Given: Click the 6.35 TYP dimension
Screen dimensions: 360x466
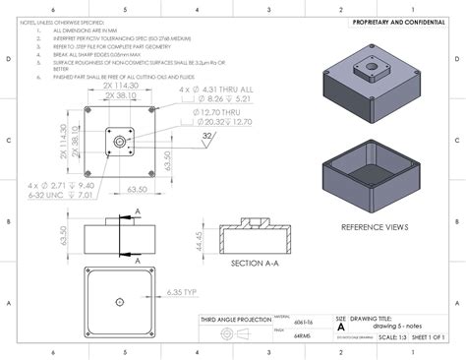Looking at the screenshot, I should coord(184,292).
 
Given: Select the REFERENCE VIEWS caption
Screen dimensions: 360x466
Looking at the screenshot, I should coord(374,226).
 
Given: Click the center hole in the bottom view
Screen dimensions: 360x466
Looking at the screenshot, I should coord(119,301).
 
